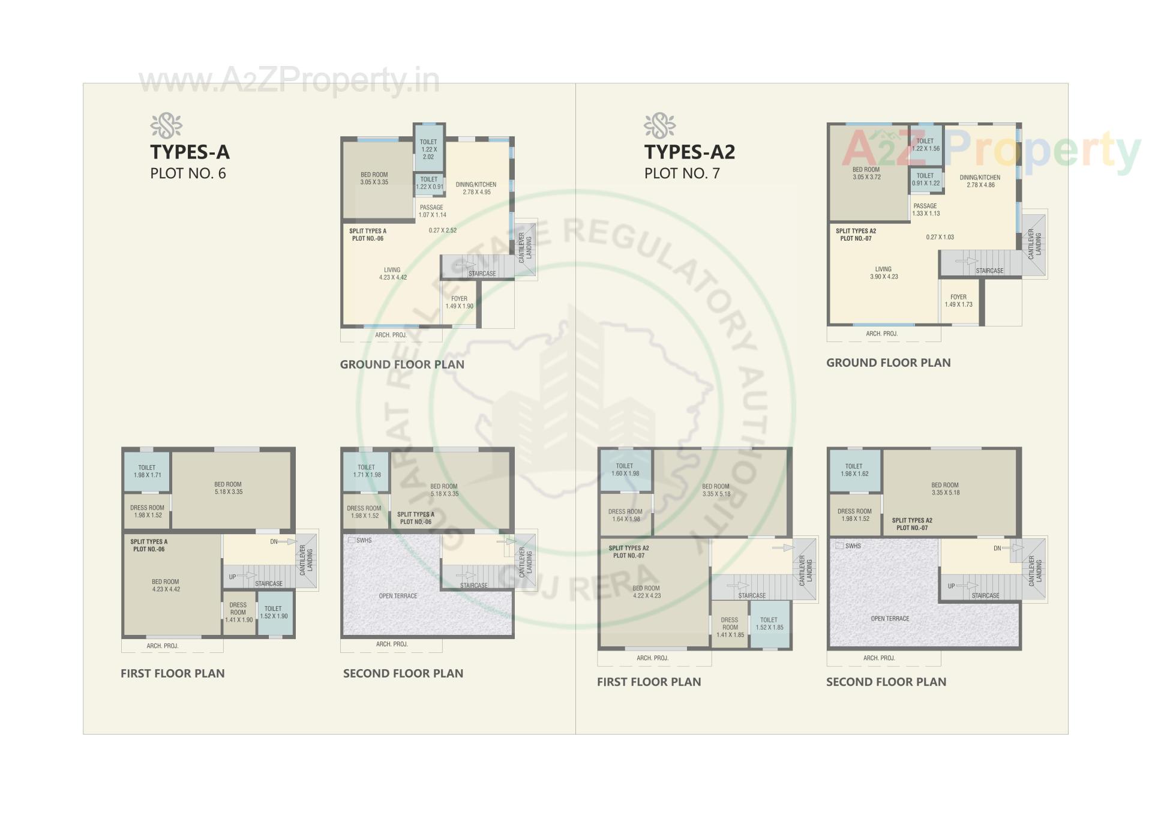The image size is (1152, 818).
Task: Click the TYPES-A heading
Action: pyautogui.click(x=190, y=152)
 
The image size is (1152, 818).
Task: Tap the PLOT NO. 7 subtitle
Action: pyautogui.click(x=682, y=173)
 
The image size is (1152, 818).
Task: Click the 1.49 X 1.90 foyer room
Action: pyautogui.click(x=459, y=302)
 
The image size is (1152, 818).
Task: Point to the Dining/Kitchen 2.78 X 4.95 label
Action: pyautogui.click(x=476, y=188)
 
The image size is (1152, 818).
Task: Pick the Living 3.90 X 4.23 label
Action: pyautogui.click(x=883, y=273)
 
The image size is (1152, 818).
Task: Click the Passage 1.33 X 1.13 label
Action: pyautogui.click(x=925, y=209)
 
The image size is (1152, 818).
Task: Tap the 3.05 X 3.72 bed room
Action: pyautogui.click(x=866, y=173)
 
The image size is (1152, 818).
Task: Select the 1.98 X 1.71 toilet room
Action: pyautogui.click(x=147, y=471)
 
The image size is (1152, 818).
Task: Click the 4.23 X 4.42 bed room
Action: pyautogui.click(x=166, y=585)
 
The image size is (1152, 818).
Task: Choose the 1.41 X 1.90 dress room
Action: pyautogui.click(x=238, y=613)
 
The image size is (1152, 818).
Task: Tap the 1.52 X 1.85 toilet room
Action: pyautogui.click(x=769, y=624)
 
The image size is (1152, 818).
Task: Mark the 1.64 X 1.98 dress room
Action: pyautogui.click(x=625, y=516)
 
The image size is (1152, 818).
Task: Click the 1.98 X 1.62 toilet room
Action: pyautogui.click(x=854, y=470)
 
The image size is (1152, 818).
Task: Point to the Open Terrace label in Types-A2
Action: pyautogui.click(x=890, y=619)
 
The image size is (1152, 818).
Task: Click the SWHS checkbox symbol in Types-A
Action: pyautogui.click(x=352, y=540)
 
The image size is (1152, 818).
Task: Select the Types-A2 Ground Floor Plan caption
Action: pyautogui.click(x=888, y=362)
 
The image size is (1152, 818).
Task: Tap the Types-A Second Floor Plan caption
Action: pyautogui.click(x=403, y=673)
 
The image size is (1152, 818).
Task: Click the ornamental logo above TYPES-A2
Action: pyautogui.click(x=659, y=126)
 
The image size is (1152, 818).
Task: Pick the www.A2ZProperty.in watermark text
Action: pyautogui.click(x=289, y=81)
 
